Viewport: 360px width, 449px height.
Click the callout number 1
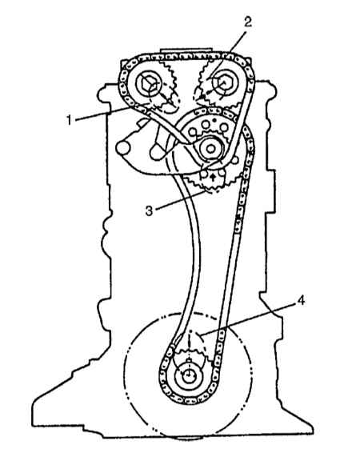pyautogui.click(x=69, y=120)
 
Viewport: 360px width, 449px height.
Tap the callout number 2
pyautogui.click(x=248, y=22)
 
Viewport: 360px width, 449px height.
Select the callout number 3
pyautogui.click(x=149, y=211)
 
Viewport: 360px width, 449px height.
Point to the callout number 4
pyautogui.click(x=301, y=301)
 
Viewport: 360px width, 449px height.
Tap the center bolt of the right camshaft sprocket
pyautogui.click(x=223, y=83)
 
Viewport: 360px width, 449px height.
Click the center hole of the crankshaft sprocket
pyautogui.click(x=188, y=375)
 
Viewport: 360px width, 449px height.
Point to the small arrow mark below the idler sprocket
pyautogui.click(x=212, y=177)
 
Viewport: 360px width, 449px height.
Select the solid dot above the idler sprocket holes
pyautogui.click(x=214, y=120)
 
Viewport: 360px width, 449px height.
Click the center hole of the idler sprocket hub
pyautogui.click(x=210, y=149)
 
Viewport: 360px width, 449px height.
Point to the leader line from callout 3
pyautogui.click(x=180, y=199)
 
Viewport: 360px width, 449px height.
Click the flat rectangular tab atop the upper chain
pyautogui.click(x=186, y=51)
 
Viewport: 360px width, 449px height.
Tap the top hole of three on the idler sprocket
pyautogui.click(x=205, y=124)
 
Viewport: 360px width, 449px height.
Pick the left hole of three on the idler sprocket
pyautogui.click(x=194, y=132)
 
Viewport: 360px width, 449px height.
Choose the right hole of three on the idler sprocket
pyautogui.click(x=224, y=127)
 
